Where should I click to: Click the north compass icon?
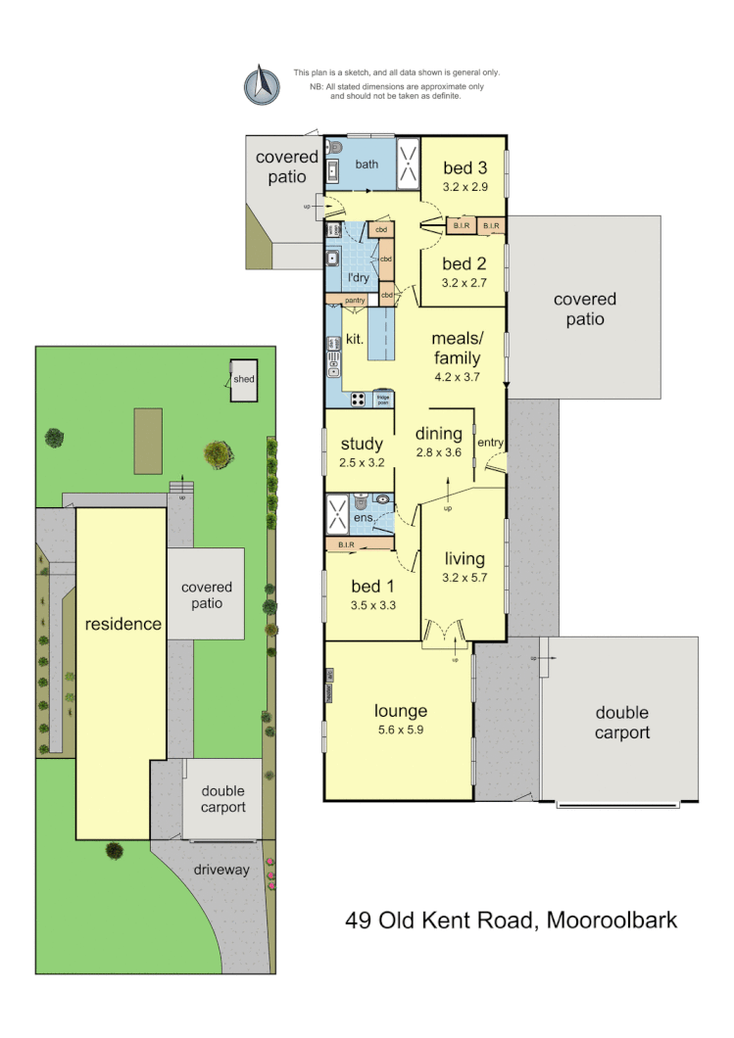pyautogui.click(x=262, y=84)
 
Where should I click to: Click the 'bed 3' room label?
pyautogui.click(x=465, y=166)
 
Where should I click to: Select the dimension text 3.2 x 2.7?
pyautogui.click(x=465, y=282)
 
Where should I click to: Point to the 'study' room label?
pyautogui.click(x=361, y=445)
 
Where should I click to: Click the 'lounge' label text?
pyautogui.click(x=400, y=711)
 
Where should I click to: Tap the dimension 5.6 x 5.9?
pyautogui.click(x=400, y=730)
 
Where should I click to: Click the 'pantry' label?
pyautogui.click(x=355, y=301)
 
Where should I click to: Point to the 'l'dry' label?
pyautogui.click(x=358, y=277)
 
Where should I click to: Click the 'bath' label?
pyautogui.click(x=367, y=165)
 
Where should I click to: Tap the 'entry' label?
pyautogui.click(x=490, y=443)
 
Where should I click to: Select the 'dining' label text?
pyautogui.click(x=438, y=434)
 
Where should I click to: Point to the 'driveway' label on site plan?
pyautogui.click(x=221, y=870)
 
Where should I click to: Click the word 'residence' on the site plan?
pyautogui.click(x=122, y=624)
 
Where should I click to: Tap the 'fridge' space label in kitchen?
pyautogui.click(x=382, y=399)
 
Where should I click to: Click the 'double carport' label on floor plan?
pyautogui.click(x=621, y=723)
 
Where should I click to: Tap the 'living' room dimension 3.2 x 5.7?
pyautogui.click(x=465, y=578)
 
